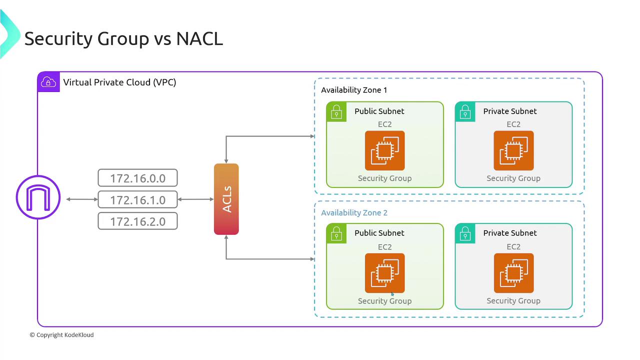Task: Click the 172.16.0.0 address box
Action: pyautogui.click(x=137, y=177)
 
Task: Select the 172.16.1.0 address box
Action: pyautogui.click(x=137, y=199)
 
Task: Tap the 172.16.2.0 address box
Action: pyautogui.click(x=137, y=221)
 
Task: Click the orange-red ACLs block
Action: pyautogui.click(x=226, y=199)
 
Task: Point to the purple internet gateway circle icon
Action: pyautogui.click(x=38, y=198)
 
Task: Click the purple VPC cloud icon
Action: pyautogui.click(x=48, y=82)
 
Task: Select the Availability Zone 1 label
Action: pyautogui.click(x=354, y=90)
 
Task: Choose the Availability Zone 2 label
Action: pyautogui.click(x=354, y=212)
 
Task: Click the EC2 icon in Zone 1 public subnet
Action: pyautogui.click(x=384, y=150)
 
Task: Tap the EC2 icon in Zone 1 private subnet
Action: pyautogui.click(x=513, y=150)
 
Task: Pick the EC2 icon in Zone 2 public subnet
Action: pyautogui.click(x=384, y=273)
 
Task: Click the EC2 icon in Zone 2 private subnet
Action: pyautogui.click(x=513, y=273)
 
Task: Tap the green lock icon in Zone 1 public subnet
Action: pyautogui.click(x=336, y=112)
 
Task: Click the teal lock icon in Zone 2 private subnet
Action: pyautogui.click(x=465, y=233)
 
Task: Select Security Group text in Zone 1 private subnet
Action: pyautogui.click(x=513, y=178)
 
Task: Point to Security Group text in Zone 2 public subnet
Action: pyautogui.click(x=384, y=301)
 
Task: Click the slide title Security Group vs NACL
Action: pyautogui.click(x=123, y=38)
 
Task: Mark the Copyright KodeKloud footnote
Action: pyautogui.click(x=61, y=335)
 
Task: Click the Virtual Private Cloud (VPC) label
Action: pyautogui.click(x=119, y=82)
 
